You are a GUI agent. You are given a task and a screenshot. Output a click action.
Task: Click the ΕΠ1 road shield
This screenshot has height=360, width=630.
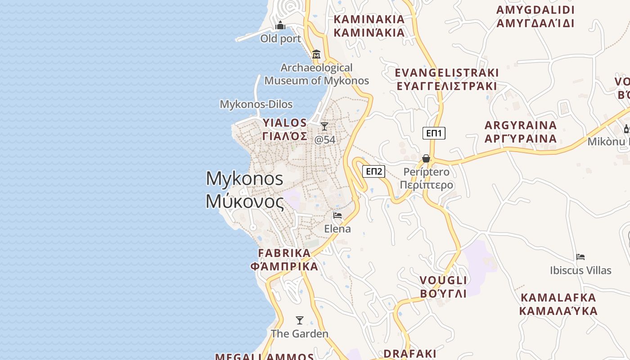pos(434,133)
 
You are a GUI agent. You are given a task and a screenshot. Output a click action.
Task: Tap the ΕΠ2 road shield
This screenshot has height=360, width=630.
pos(374,171)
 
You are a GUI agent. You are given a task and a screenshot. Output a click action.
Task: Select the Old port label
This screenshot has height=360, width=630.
pos(280,39)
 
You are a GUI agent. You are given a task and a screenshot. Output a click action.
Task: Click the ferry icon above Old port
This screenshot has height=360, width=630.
pos(280,26)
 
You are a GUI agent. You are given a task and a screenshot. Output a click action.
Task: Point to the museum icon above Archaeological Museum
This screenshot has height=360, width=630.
pos(316,54)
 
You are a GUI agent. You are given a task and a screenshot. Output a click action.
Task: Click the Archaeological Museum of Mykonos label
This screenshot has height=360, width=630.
pos(316,74)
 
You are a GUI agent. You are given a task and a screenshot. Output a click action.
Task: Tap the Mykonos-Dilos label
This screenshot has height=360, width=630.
pos(256,104)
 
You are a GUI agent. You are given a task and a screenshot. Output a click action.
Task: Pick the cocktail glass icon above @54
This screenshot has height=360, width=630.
pos(324,126)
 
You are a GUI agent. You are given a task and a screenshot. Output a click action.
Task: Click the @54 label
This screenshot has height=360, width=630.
pos(324,139)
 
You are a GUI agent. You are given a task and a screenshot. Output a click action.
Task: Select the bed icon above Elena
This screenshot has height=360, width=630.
pos(337,216)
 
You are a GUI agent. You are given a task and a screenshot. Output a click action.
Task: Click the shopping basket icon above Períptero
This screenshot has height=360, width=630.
pos(426,158)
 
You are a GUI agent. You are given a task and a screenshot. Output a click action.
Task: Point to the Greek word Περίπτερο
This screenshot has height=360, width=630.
pos(426,185)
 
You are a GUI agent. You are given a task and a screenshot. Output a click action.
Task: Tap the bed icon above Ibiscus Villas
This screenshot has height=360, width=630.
pos(580,257)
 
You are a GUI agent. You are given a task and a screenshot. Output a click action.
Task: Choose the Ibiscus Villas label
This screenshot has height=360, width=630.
pos(580,270)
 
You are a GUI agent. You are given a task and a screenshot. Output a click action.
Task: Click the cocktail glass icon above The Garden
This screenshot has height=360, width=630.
pos(300,320)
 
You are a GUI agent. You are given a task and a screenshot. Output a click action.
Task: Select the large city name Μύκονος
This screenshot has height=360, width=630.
pos(245,202)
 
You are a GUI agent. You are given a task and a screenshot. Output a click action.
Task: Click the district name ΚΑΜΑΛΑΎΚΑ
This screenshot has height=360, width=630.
pos(558,311)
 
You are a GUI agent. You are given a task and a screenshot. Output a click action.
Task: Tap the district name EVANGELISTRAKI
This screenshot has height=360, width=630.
pos(447,73)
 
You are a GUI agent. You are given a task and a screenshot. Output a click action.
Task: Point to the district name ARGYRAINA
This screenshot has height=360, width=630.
pos(521,125)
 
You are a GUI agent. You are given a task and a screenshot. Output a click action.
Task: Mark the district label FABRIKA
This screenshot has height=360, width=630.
pos(284,253)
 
